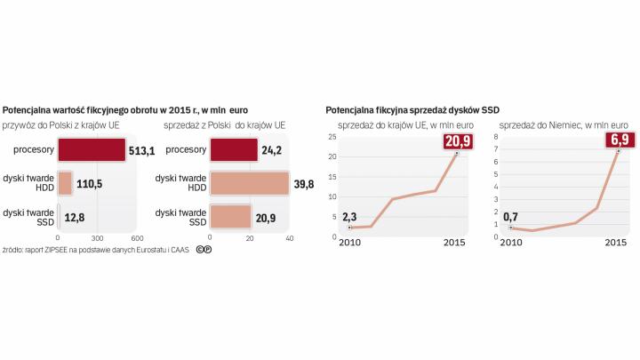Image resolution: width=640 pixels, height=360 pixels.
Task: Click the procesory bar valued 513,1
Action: point(92,150)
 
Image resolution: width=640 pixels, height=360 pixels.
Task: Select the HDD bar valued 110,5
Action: point(65,183)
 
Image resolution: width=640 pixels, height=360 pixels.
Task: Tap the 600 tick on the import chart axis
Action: point(137,238)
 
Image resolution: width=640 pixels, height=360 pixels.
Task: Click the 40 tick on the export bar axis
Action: point(289,238)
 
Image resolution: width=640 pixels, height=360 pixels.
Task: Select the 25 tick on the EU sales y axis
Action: point(332,137)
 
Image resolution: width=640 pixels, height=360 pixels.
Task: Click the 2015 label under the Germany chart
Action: point(612,244)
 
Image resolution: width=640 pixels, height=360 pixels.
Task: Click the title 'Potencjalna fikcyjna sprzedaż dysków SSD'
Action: point(413,109)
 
